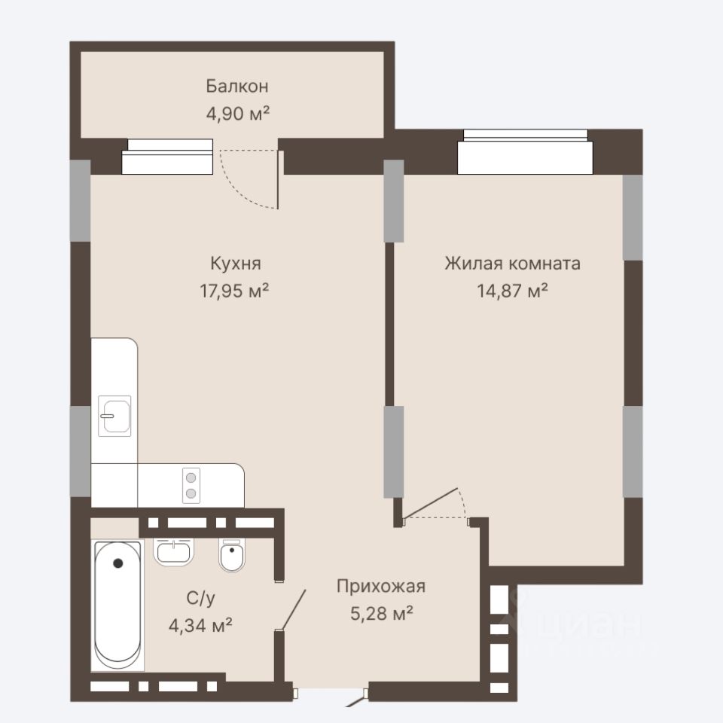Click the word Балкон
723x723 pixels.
pos(237,86)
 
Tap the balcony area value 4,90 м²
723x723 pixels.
pos(237,114)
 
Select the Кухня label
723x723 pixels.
pos(236,264)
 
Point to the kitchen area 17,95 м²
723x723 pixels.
pos(234,291)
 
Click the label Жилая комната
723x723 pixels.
pos(512,264)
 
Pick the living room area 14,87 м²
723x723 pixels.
pos(512,291)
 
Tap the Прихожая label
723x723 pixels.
pos(381,586)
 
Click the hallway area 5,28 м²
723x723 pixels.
pos(381,614)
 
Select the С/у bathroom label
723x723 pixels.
pos(200,598)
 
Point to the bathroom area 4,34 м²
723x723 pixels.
pos(200,626)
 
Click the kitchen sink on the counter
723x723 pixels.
pos(114,416)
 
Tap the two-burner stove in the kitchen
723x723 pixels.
pos(191,486)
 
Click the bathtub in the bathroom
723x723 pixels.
pos(117,606)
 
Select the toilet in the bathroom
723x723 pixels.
pos(232,556)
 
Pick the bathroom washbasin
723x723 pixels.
pos(173,552)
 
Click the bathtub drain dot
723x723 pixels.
pos(118,563)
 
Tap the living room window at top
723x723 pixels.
pos(525,151)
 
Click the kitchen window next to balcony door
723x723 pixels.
pos(167,157)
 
